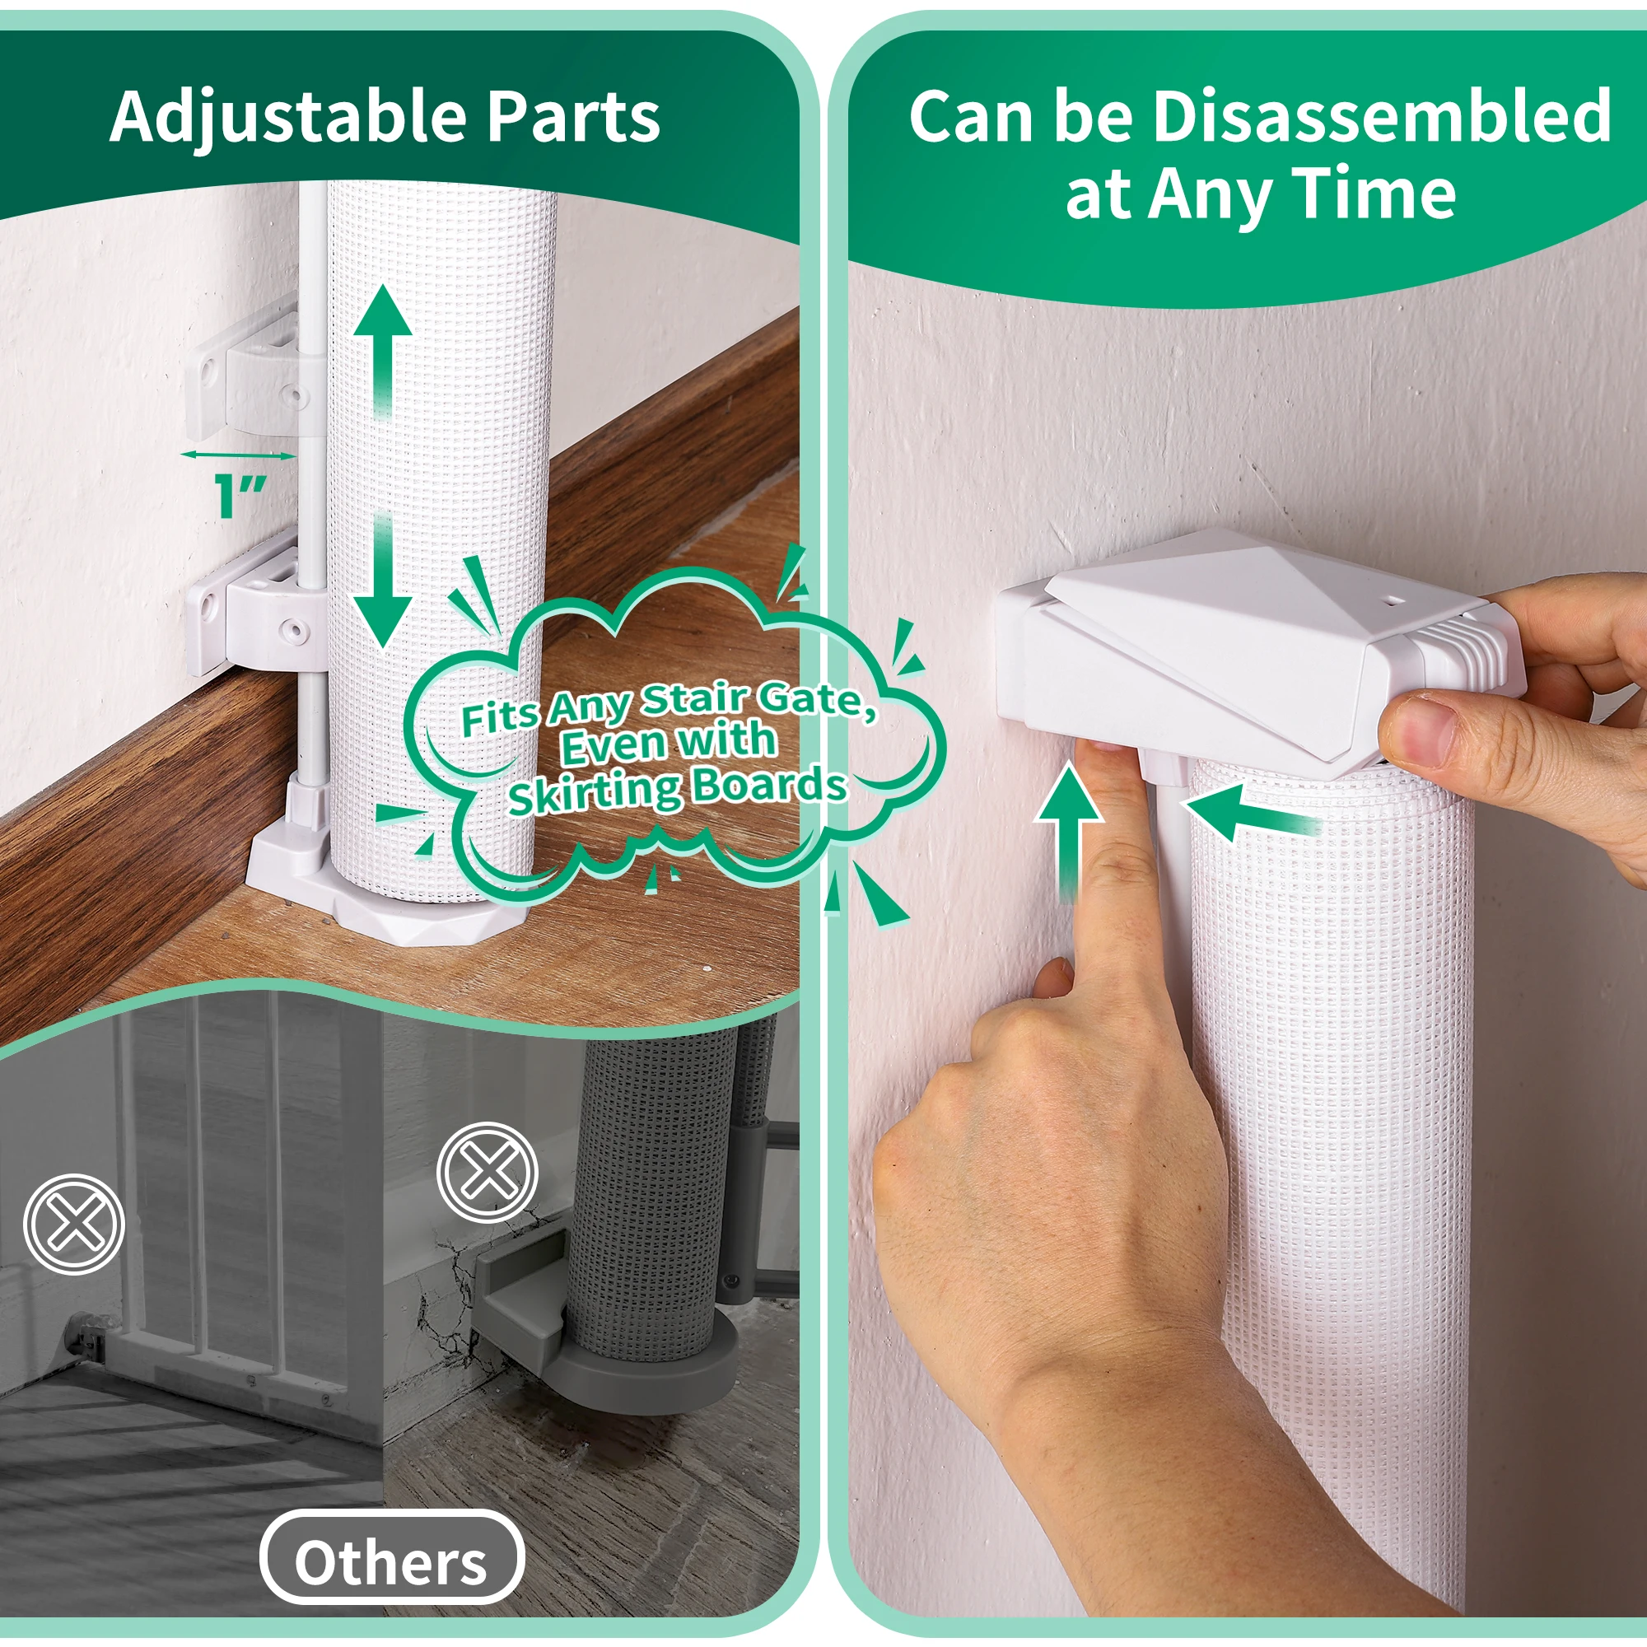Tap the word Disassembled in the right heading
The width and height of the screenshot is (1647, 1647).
point(1381,116)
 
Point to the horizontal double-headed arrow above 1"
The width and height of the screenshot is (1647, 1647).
point(239,455)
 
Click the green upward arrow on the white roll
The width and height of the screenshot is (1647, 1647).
point(383,349)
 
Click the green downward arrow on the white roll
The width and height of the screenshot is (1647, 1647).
point(383,580)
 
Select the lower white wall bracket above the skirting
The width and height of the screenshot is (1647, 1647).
point(256,607)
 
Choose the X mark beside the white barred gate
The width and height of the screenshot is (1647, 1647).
point(74,1224)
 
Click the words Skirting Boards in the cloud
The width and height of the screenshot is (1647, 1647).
point(678,789)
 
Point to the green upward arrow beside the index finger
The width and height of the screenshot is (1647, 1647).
point(1068,833)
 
